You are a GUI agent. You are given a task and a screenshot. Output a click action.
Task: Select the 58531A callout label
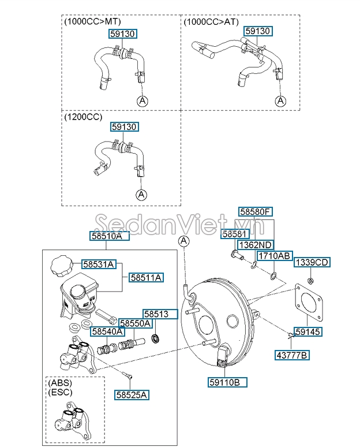tap(99, 265)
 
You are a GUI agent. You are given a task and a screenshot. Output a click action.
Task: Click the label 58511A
tap(146, 277)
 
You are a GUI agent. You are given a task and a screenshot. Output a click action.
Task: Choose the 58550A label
tap(135, 323)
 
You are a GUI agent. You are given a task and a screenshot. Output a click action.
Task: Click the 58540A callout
tap(107, 331)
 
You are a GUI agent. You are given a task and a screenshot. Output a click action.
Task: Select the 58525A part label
tap(132, 395)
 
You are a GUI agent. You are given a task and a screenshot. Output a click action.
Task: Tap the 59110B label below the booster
tap(227, 382)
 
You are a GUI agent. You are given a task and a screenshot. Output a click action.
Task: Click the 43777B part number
tap(292, 355)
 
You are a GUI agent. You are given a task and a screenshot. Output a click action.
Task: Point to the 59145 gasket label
tap(308, 331)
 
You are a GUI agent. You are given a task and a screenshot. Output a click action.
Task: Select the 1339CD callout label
tap(312, 262)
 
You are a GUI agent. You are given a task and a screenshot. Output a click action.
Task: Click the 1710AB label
tap(274, 256)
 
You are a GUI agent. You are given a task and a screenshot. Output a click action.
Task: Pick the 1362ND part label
tap(256, 245)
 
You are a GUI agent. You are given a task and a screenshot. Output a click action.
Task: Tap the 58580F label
tap(255, 211)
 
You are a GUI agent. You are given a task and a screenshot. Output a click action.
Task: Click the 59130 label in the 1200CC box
tap(125, 126)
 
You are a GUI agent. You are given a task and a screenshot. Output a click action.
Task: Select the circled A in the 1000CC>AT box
tap(280, 100)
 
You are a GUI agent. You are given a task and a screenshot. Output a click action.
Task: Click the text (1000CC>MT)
tap(93, 22)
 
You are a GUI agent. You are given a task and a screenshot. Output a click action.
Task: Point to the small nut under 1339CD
tap(311, 281)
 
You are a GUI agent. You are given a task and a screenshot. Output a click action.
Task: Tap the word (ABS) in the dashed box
tap(60, 382)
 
